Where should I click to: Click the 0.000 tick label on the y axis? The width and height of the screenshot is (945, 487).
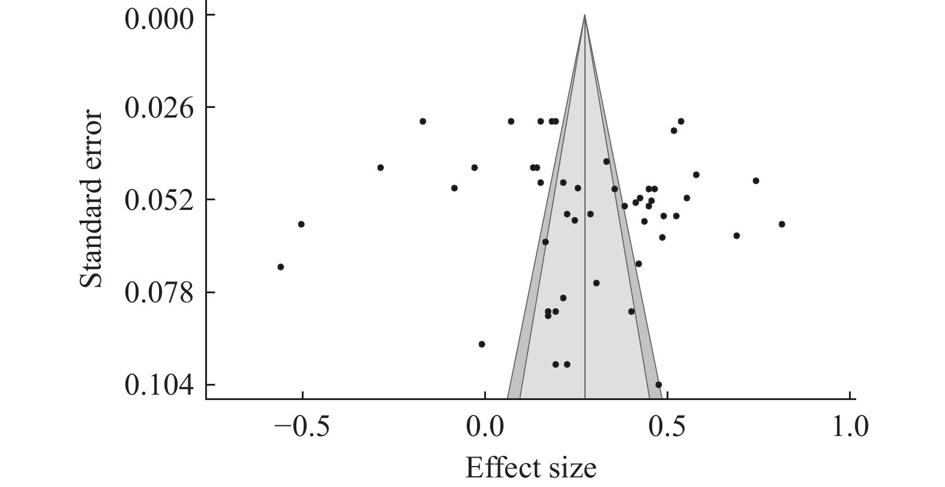coord(159,18)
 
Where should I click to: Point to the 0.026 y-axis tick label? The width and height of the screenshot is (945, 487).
coord(159,107)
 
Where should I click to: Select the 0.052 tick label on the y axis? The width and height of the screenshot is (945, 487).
coord(159,199)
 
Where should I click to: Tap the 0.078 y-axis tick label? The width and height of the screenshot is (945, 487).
coord(159,292)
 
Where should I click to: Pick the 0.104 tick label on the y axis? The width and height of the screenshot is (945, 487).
coord(159,384)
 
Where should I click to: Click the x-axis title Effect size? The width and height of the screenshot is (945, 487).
coord(530,467)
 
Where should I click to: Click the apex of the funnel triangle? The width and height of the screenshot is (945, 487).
coord(585,16)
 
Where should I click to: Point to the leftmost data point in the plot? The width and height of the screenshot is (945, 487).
coord(280,267)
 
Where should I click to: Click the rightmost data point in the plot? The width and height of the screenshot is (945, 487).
coord(782,224)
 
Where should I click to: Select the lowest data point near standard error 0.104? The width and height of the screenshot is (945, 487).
coord(658,384)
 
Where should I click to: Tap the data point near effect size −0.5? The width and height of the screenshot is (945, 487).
coord(301,224)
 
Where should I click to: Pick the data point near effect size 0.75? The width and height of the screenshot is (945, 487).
coord(756,181)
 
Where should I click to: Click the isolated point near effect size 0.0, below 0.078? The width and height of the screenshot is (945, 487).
coord(482,344)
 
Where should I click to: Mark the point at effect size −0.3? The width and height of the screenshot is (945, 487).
coord(380,167)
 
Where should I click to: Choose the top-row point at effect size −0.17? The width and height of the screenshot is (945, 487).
coord(423,121)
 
